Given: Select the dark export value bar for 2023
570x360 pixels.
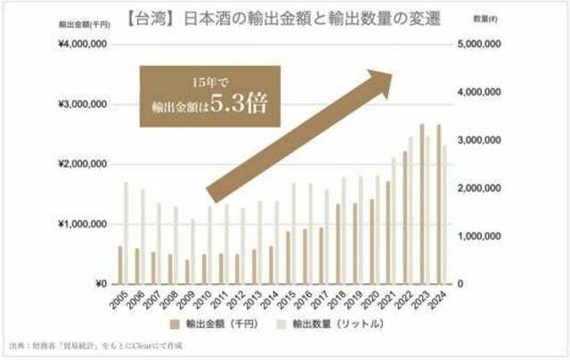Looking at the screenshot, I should point(422,204).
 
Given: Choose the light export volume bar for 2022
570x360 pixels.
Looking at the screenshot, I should point(411,210).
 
